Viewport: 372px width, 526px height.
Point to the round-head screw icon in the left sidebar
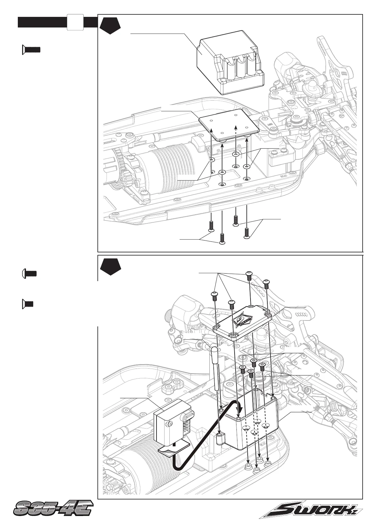(29, 274)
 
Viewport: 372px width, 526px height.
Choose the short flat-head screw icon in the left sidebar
(28, 304)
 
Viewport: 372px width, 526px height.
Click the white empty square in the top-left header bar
(75, 22)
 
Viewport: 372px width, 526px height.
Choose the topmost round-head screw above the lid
(249, 276)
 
